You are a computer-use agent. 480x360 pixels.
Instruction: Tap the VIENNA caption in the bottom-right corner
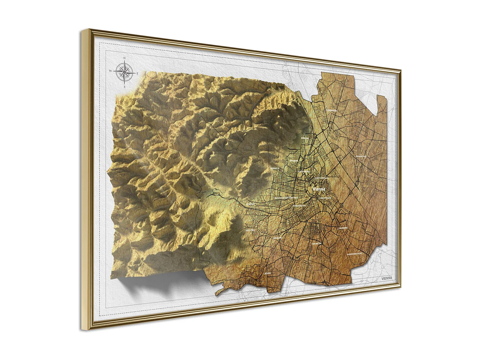tap(387, 278)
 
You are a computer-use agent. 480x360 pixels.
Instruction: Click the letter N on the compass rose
tap(124, 58)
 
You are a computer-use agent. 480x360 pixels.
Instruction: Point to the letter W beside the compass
tap(111, 70)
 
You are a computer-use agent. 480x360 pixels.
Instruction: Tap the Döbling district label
tap(305, 138)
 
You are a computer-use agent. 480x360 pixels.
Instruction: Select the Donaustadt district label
tap(361, 156)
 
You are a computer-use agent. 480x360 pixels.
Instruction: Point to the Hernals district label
tap(275, 168)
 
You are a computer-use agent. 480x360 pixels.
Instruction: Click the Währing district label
tap(294, 161)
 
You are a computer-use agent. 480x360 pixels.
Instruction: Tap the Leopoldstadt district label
tap(321, 178)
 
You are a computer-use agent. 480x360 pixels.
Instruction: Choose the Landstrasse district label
tap(325, 198)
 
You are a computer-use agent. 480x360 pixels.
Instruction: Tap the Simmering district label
tap(343, 228)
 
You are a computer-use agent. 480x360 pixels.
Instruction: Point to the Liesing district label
tap(267, 274)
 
